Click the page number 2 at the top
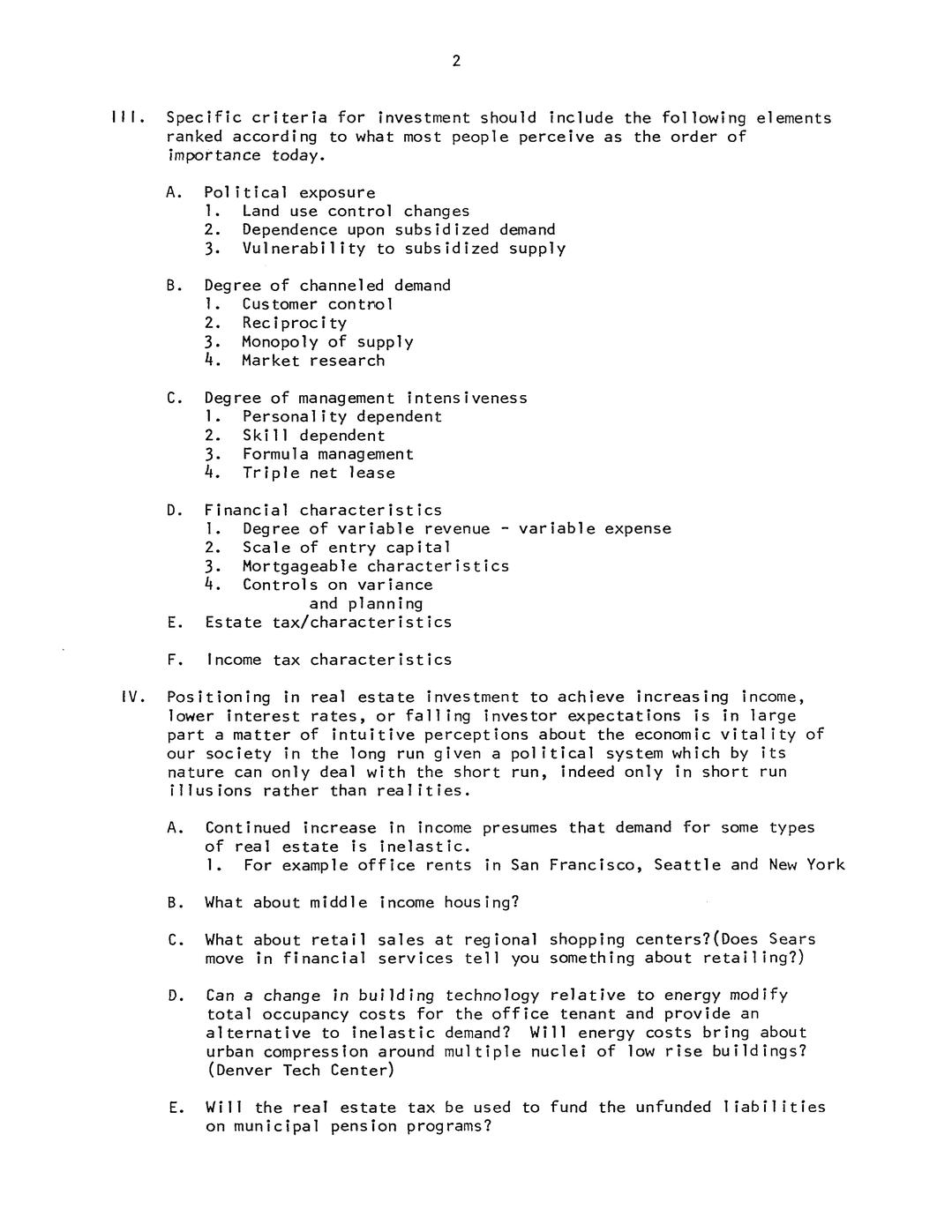tap(456, 61)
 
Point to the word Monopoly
tap(280, 341)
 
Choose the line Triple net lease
tap(319, 473)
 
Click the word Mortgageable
tap(300, 566)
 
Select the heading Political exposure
tap(289, 192)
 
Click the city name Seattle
tap(686, 865)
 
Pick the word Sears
tap(791, 939)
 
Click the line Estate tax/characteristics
tap(327, 623)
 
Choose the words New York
tap(806, 865)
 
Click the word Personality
tap(295, 416)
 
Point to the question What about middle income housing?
tap(362, 902)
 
